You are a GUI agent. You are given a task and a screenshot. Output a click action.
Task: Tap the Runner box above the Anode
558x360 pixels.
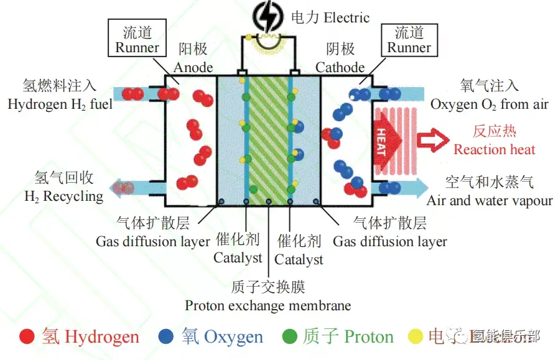coord(137,39)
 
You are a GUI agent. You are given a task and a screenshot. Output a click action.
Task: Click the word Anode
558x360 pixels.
coord(193,67)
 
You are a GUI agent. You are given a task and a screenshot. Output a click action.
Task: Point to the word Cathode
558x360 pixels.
coord(340,67)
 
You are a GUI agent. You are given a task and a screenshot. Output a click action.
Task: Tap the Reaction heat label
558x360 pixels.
coord(494,149)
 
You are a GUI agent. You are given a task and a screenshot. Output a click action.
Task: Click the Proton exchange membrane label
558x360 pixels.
coord(267,305)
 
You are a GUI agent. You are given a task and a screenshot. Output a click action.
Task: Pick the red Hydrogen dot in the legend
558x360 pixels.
coord(27,336)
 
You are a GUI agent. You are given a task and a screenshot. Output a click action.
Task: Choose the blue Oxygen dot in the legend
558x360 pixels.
coord(166,336)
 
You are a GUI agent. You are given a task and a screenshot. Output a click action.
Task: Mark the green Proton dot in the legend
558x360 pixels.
coord(289,336)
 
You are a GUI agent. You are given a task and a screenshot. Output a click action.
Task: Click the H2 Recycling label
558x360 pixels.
coord(63,196)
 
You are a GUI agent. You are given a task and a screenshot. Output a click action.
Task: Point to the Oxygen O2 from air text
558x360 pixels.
coord(490,104)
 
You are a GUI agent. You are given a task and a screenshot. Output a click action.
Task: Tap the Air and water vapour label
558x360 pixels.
coord(490,200)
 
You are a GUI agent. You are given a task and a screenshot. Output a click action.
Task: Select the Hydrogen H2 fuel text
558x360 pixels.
coord(60,104)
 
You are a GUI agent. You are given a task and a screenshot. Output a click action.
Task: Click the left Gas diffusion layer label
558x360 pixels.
coord(152,241)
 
